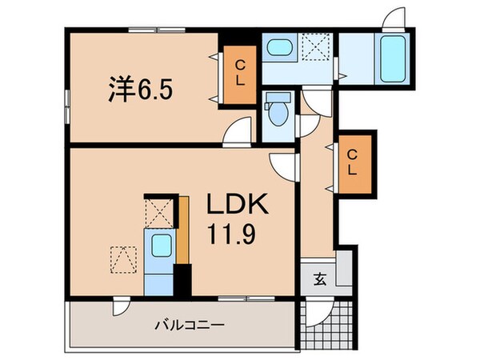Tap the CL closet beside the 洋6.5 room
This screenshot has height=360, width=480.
point(239,74)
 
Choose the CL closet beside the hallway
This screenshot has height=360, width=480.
point(353,162)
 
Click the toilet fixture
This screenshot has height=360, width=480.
point(278,111)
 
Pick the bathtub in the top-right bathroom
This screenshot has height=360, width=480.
point(391,57)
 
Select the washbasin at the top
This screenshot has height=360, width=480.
point(279,47)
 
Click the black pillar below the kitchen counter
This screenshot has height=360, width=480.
point(183,281)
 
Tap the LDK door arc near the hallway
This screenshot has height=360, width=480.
point(283,164)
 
